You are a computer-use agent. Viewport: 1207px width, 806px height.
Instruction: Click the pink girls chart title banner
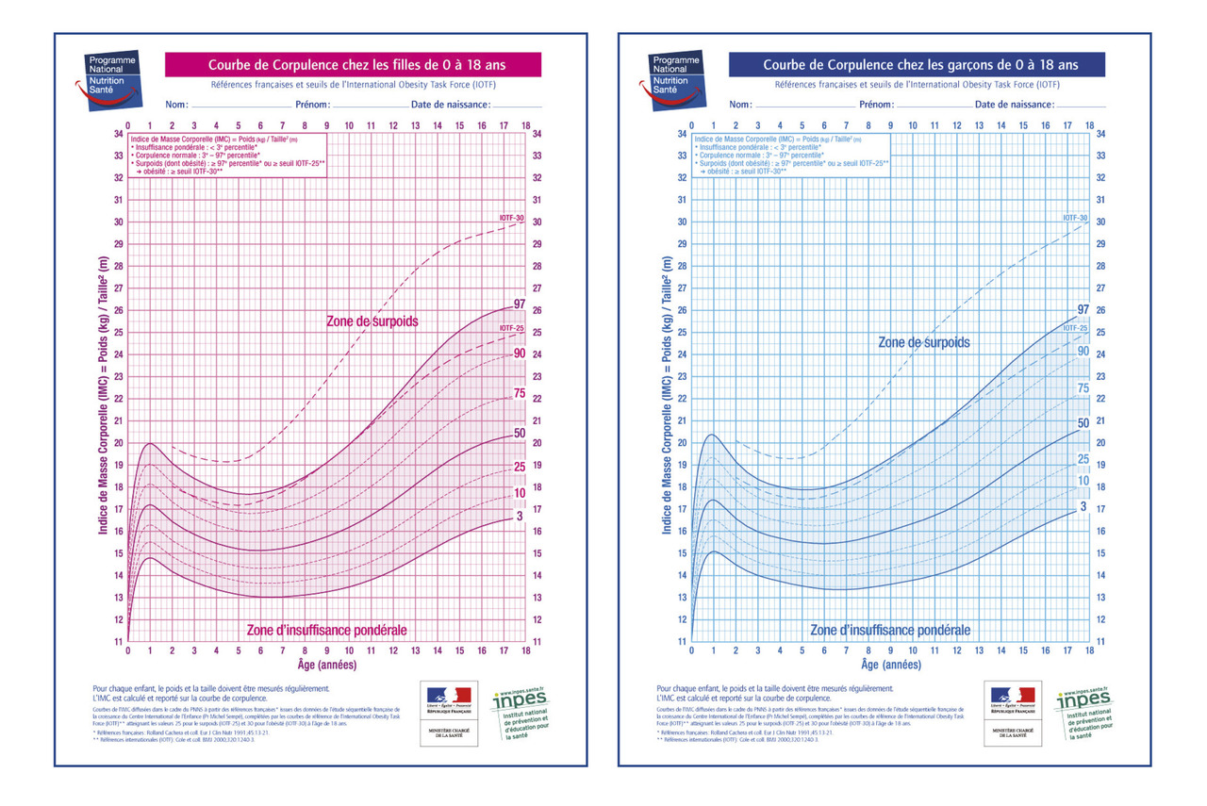coord(353,65)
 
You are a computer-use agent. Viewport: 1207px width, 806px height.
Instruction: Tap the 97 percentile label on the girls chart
coord(519,304)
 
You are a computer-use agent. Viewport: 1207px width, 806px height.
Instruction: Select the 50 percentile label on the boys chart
coord(1083,423)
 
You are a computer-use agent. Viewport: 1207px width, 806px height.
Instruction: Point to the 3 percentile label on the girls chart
coord(519,518)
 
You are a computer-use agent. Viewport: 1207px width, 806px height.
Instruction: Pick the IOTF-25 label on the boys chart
coord(1076,328)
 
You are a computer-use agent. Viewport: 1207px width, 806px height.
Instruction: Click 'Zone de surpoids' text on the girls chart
coord(372,321)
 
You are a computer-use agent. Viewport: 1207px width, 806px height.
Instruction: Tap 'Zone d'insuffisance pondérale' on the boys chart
coord(890,630)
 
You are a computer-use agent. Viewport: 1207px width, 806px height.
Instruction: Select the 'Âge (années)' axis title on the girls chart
coord(326,665)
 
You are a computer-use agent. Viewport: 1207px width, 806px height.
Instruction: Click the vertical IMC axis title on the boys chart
coord(668,396)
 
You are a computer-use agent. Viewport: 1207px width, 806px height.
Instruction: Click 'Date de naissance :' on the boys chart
coord(1014,105)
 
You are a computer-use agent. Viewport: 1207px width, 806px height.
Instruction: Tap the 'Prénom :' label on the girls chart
coord(312,105)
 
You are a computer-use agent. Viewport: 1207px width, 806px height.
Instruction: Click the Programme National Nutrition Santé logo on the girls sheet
coord(112,79)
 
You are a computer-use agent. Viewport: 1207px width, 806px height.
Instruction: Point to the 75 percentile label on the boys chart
coord(1083,387)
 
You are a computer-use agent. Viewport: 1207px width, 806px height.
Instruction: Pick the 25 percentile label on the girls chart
coord(519,467)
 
